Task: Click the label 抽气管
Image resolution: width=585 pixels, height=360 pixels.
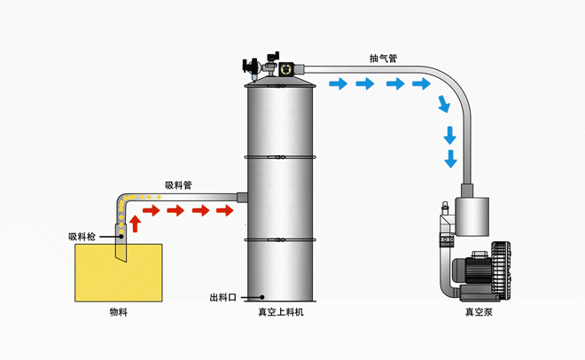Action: click(383, 59)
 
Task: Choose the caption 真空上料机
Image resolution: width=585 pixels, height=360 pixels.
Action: click(281, 312)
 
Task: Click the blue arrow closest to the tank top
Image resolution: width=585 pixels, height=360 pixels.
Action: click(337, 84)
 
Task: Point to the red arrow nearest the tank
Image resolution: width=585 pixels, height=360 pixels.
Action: click(226, 211)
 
